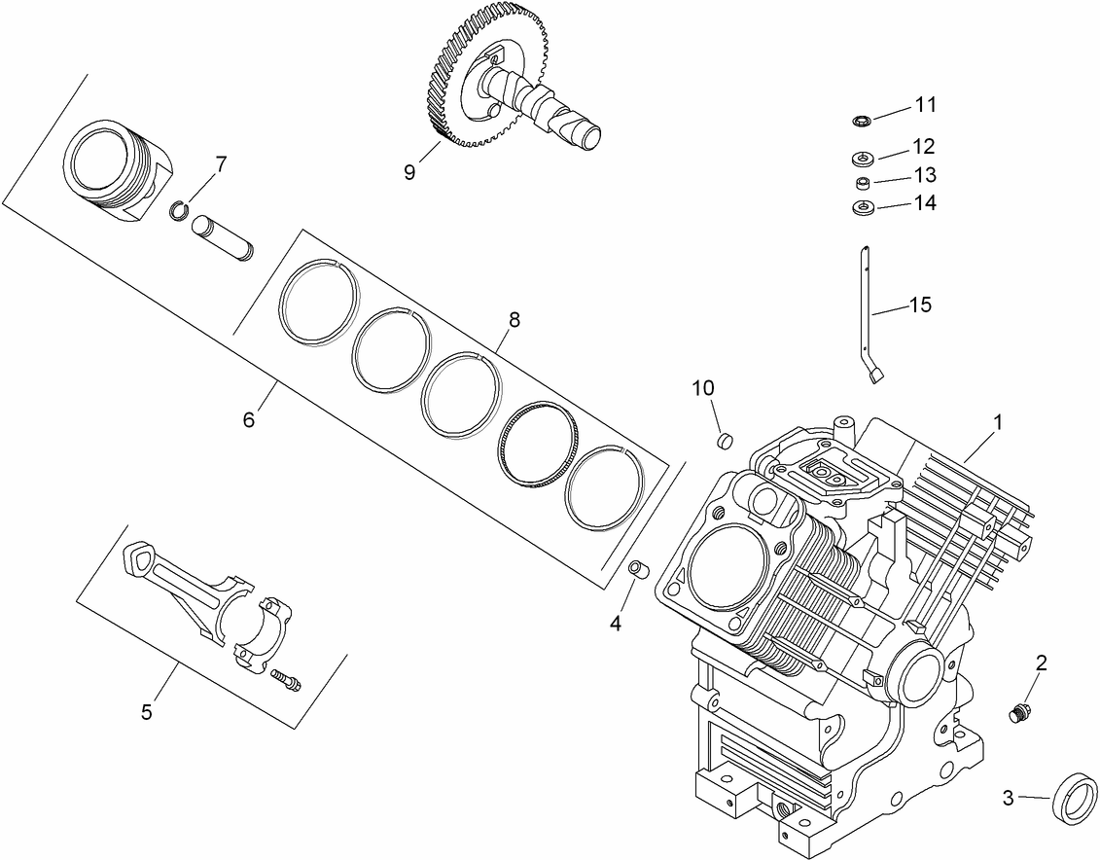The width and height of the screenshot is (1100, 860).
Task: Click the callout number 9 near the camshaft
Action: point(409,172)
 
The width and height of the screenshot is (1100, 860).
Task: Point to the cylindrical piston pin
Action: point(223,238)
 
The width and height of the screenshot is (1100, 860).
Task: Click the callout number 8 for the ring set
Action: point(514,319)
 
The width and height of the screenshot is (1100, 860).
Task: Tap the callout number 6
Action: point(249,419)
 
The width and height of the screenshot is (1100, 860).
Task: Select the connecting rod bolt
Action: point(285,679)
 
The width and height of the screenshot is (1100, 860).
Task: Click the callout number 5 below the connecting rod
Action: point(147,712)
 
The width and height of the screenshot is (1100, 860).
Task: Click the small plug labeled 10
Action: point(723,441)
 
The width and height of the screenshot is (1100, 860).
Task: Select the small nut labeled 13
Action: point(862,182)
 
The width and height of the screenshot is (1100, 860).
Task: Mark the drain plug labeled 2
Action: point(1019,714)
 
